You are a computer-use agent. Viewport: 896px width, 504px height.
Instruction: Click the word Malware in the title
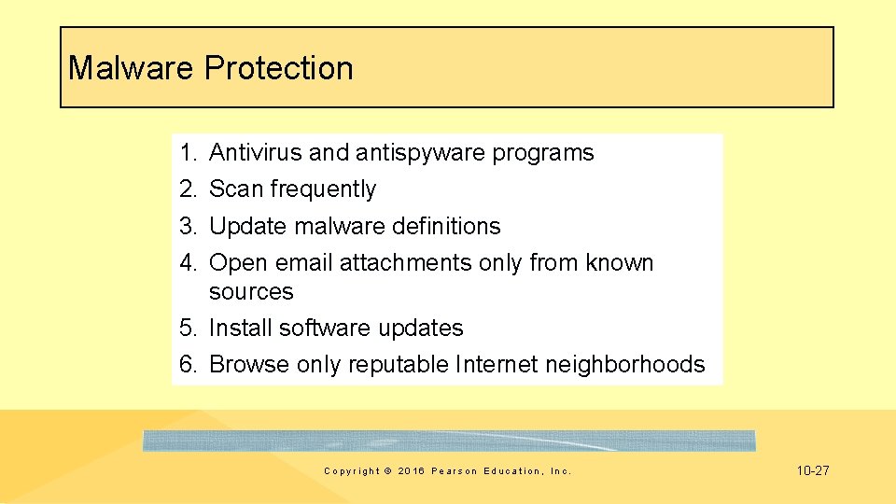(x=132, y=68)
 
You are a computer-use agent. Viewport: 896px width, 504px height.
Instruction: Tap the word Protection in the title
(x=279, y=68)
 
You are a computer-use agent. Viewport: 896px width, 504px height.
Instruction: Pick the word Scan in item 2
(x=236, y=189)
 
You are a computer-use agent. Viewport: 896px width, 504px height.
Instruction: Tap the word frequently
(x=323, y=189)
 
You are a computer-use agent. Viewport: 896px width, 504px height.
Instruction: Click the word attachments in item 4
(x=406, y=263)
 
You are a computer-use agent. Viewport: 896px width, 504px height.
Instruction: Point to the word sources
(x=251, y=291)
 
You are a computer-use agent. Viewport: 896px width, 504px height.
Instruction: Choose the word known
(x=620, y=263)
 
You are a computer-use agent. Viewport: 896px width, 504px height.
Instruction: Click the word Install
(x=241, y=328)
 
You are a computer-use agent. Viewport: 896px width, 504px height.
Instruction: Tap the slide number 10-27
(x=813, y=470)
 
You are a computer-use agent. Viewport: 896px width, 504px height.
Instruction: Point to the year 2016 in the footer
(x=411, y=471)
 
